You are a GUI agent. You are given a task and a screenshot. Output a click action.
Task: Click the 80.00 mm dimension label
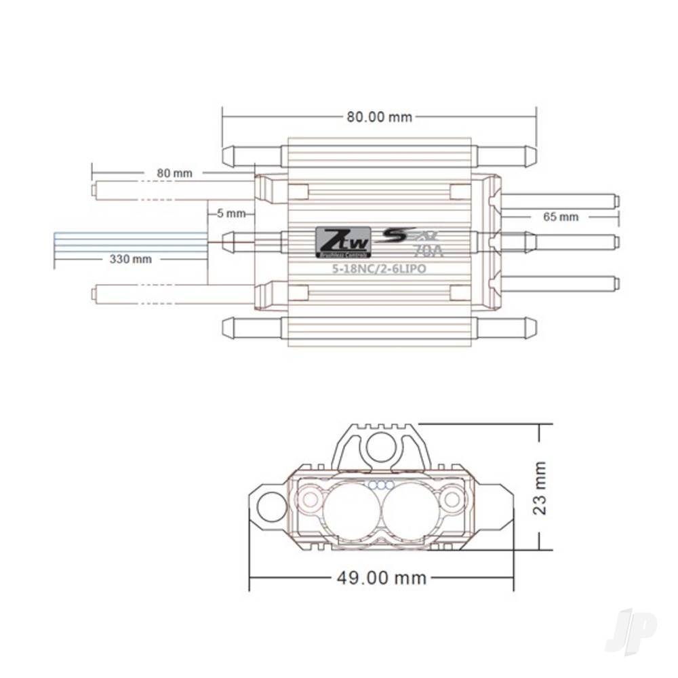[379, 117]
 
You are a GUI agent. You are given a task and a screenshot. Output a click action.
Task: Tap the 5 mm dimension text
[231, 213]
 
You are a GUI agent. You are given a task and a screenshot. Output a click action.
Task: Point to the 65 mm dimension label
[561, 217]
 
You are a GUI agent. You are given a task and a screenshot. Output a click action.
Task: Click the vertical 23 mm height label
[540, 488]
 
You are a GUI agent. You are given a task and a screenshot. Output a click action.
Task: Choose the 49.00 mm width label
[382, 578]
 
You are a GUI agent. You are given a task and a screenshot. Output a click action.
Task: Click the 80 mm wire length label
[174, 173]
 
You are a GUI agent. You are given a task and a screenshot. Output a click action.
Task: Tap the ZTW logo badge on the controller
[343, 242]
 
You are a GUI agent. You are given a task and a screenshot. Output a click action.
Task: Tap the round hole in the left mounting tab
[273, 506]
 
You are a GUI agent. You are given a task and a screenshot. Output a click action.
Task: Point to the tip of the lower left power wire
[95, 293]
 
